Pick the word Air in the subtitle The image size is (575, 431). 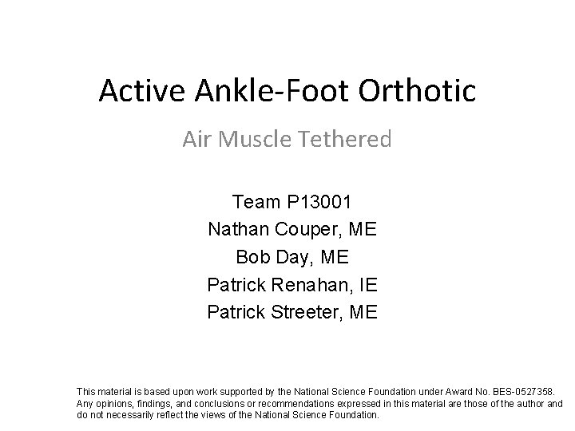[196, 140]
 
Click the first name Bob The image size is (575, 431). [252, 257]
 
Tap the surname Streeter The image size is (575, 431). [306, 311]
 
